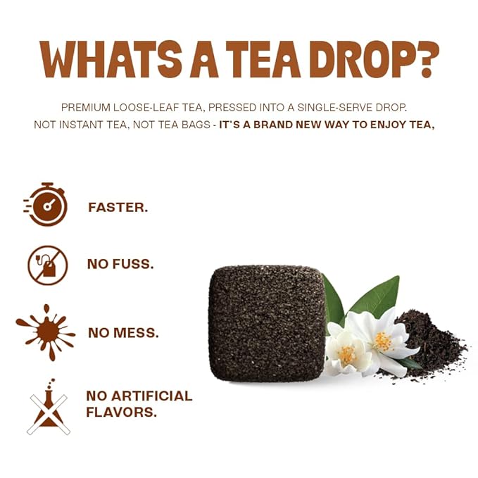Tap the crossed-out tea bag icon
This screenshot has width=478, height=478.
[47, 265]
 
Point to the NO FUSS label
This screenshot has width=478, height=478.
[120, 265]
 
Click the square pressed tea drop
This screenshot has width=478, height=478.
[267, 323]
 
